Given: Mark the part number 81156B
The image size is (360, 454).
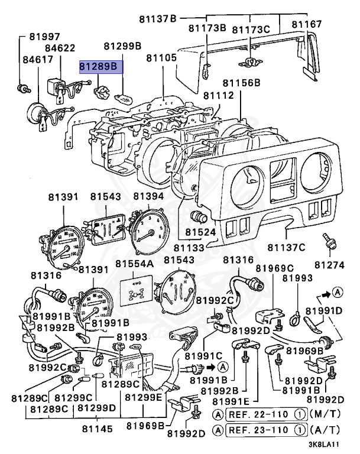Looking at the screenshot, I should (241, 83).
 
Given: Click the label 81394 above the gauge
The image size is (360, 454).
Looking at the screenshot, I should (148, 196).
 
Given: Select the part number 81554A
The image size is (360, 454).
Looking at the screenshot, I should (134, 262).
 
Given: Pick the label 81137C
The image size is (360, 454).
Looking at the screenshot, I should (286, 247).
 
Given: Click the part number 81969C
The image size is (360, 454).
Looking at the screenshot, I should (274, 268).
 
